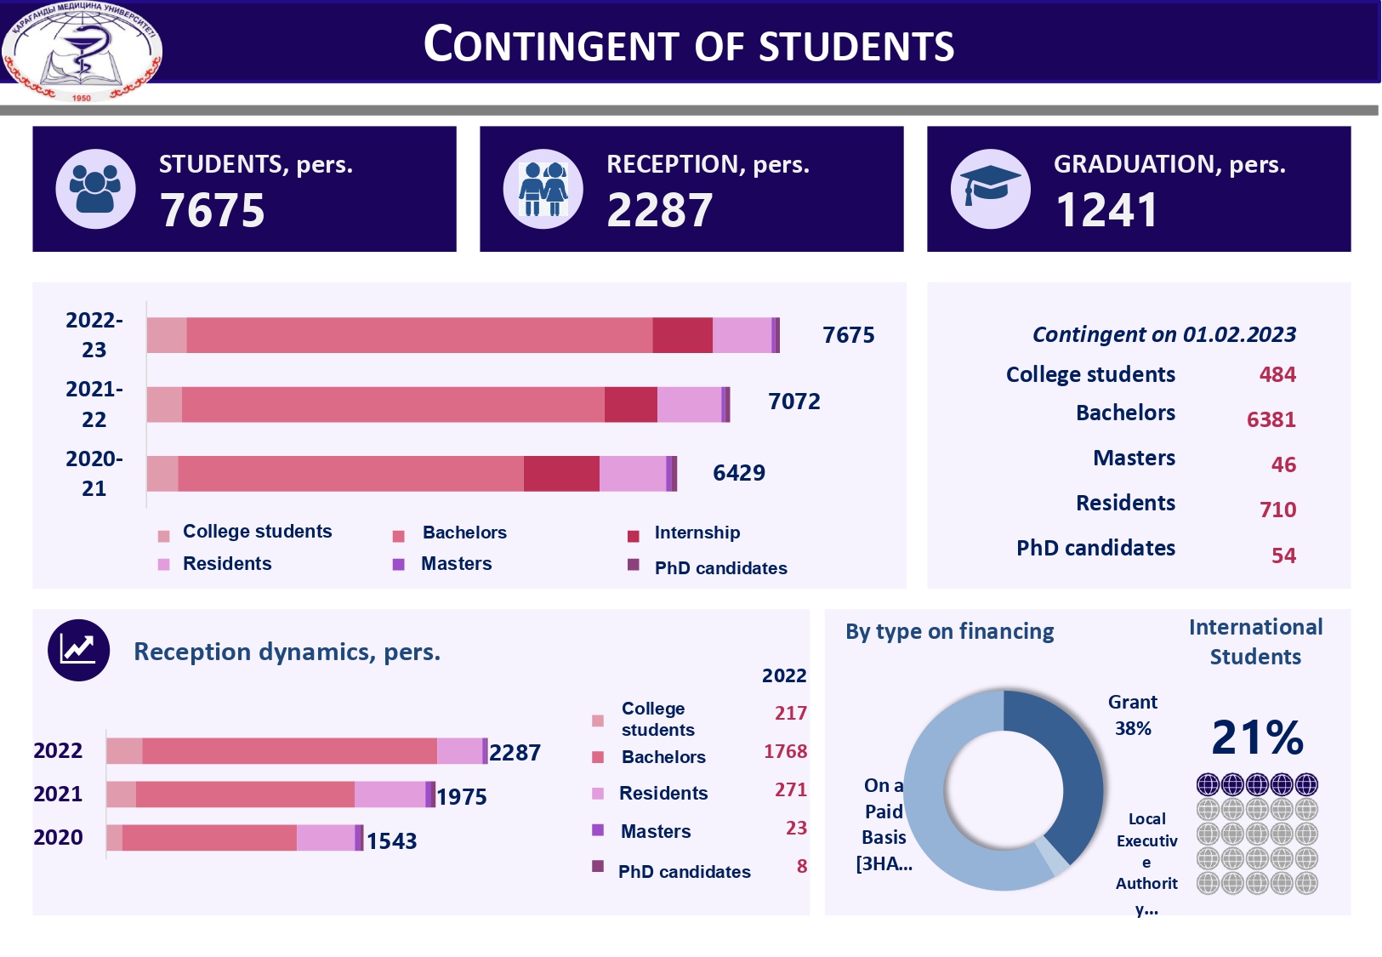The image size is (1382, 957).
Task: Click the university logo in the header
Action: click(x=82, y=51)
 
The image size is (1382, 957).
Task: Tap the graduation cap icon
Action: click(x=990, y=188)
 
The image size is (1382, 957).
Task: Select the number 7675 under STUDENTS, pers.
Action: click(x=213, y=210)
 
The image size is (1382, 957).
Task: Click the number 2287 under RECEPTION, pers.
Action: click(x=660, y=210)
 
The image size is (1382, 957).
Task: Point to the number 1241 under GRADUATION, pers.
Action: click(x=1106, y=210)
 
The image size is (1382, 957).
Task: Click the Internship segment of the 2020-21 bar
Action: click(x=561, y=474)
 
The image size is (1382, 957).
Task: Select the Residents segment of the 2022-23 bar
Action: click(x=742, y=335)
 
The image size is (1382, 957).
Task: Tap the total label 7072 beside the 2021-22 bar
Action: click(x=793, y=402)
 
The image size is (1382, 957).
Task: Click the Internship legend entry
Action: click(x=696, y=533)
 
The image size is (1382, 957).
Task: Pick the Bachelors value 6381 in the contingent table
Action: click(x=1271, y=419)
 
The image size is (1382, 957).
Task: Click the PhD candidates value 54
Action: click(x=1283, y=555)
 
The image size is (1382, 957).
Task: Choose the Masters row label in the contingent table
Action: click(x=1134, y=459)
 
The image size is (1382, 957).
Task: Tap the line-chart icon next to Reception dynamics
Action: click(x=78, y=651)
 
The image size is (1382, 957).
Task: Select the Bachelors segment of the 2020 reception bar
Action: click(x=209, y=838)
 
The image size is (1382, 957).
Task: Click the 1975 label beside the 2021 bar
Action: click(x=462, y=797)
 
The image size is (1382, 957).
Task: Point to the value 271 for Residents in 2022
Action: click(x=790, y=790)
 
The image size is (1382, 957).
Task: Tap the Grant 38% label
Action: click(x=1132, y=715)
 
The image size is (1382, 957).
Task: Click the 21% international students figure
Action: click(x=1257, y=738)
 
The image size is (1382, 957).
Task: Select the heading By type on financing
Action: click(x=949, y=632)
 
